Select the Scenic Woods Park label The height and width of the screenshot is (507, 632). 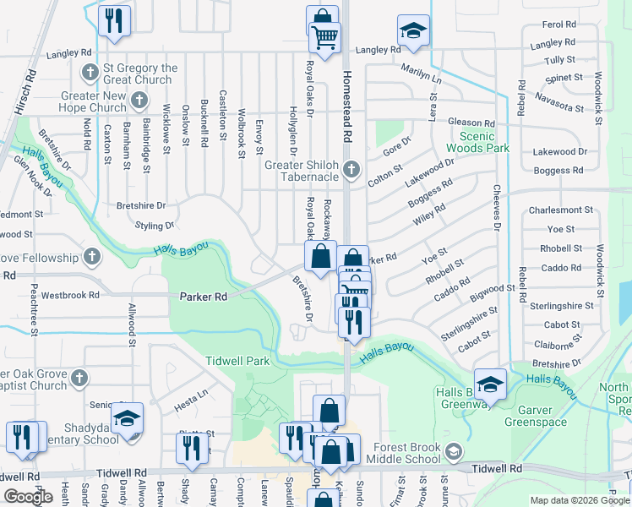pos(484,141)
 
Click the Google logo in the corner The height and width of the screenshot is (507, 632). pos(28,497)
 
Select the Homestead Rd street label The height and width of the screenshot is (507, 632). pos(346,106)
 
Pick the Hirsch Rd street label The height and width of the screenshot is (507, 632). pos(31,84)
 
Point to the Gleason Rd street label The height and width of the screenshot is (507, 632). pos(471,123)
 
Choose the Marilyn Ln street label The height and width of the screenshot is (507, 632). pos(421,73)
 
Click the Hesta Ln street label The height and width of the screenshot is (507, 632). pos(190,393)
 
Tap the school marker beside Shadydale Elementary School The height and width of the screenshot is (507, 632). pos(127,418)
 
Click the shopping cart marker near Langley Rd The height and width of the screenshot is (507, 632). pos(324,37)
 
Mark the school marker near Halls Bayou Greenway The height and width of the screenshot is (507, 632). pos(490,384)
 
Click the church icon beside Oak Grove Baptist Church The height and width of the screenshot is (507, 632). pos(79,377)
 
